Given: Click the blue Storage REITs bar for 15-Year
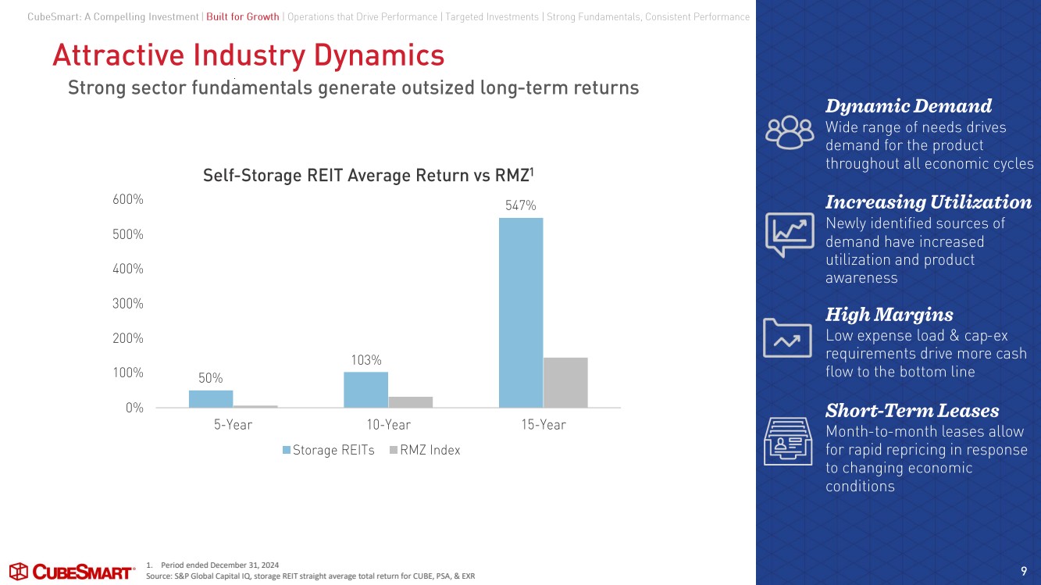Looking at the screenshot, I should (x=520, y=312).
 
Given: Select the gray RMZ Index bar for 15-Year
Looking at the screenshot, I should (x=565, y=382).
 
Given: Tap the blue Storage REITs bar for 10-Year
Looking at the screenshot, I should (x=365, y=389).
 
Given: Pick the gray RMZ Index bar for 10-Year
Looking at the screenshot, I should (x=411, y=401).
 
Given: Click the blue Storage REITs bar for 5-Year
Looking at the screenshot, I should (x=211, y=398).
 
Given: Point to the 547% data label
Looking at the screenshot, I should (x=520, y=205).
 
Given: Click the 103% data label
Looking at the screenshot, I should (x=365, y=360).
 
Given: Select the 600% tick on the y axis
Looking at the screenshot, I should (x=129, y=200).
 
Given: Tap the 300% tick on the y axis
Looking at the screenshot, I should (x=129, y=303).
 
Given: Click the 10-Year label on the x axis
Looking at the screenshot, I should (x=388, y=425).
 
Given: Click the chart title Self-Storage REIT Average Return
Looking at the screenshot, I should (x=368, y=176).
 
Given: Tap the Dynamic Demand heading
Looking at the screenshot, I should (x=908, y=105).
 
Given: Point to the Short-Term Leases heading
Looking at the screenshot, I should (x=911, y=410).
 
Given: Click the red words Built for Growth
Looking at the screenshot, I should (x=242, y=17).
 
